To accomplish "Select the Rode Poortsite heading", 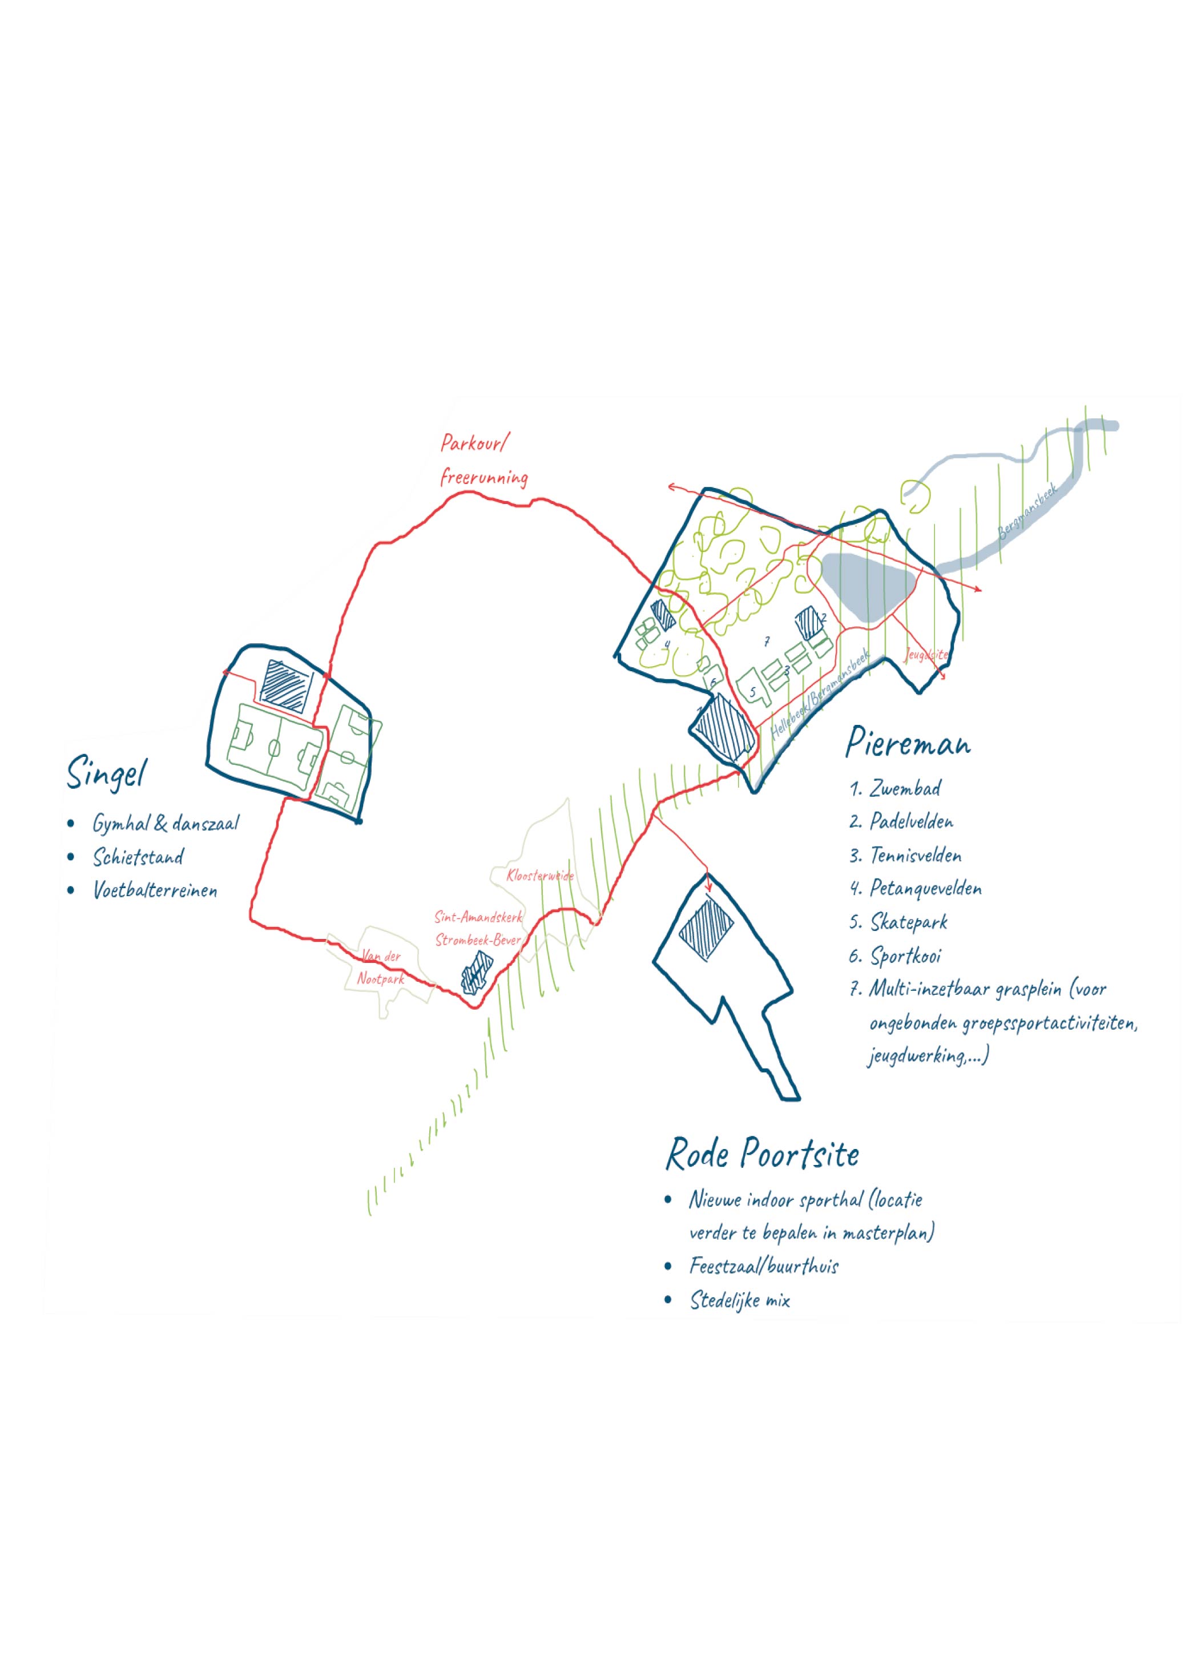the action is click(761, 1155).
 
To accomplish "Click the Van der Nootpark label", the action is click(381, 967).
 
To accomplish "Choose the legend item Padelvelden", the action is click(911, 821).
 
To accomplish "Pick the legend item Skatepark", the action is click(908, 922).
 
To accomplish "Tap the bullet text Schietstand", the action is click(138, 857).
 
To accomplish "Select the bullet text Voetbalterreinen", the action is click(155, 890).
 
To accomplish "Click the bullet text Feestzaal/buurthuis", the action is click(763, 1266).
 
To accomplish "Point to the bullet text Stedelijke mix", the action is click(739, 1300).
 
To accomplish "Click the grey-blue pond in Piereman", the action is click(867, 586).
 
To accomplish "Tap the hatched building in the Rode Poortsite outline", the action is click(706, 929).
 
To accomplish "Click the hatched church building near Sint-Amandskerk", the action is click(476, 974).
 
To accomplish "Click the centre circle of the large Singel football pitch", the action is click(274, 748).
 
